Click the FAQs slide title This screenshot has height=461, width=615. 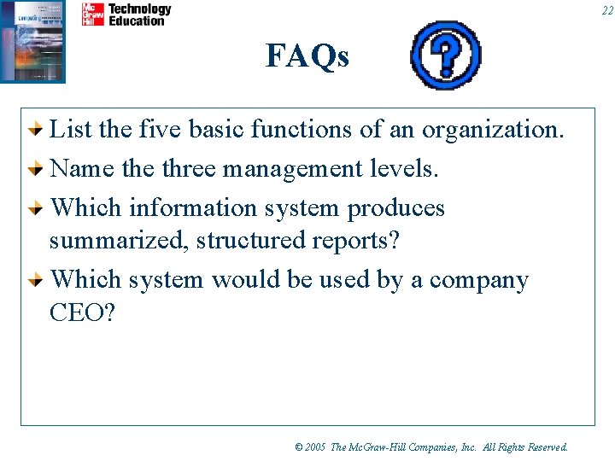[x=307, y=56]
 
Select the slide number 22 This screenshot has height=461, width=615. [x=606, y=10]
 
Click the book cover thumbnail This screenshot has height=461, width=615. [x=33, y=40]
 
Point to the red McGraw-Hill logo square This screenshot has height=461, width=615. [x=92, y=15]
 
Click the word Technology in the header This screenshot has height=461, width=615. [x=139, y=9]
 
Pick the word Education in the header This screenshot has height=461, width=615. [x=137, y=20]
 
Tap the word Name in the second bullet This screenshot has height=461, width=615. [x=82, y=169]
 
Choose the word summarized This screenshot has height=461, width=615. [x=119, y=241]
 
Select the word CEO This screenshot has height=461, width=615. [x=82, y=312]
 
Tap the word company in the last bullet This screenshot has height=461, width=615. [x=478, y=280]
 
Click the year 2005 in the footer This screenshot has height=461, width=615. [x=315, y=446]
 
